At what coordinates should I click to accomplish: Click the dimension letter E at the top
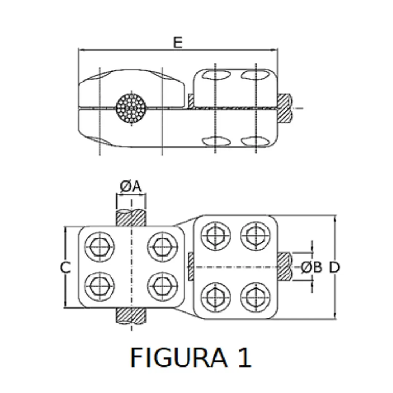click(x=177, y=43)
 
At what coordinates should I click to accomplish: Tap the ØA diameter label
click(x=130, y=187)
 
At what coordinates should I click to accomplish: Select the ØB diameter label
click(x=311, y=267)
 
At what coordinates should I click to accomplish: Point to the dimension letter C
click(x=65, y=267)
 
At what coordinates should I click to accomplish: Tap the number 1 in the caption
click(x=243, y=357)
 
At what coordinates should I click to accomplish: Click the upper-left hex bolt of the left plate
click(x=99, y=247)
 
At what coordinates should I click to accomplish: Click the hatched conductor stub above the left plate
click(x=131, y=218)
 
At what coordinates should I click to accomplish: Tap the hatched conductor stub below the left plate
click(x=131, y=316)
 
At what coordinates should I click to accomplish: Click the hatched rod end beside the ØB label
click(x=285, y=267)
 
